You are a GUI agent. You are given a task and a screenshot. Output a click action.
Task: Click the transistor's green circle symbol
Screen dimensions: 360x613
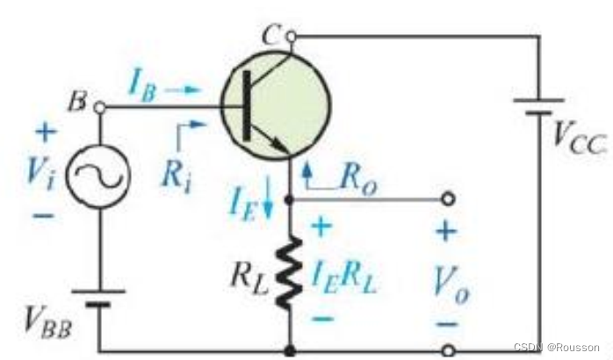[x=273, y=104]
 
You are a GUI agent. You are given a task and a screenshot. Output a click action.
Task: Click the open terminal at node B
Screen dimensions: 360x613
[x=98, y=106]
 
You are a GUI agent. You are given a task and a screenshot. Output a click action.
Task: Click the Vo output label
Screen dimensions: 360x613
[x=449, y=281]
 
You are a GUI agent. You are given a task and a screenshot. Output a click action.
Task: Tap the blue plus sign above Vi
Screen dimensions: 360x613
[x=44, y=133]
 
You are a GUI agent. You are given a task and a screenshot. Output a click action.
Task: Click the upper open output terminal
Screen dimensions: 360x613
[x=449, y=198]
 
